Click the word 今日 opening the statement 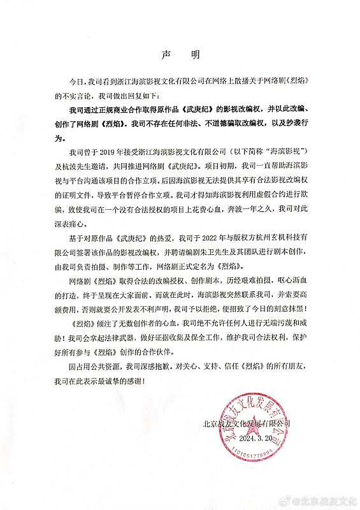pos(78,83)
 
